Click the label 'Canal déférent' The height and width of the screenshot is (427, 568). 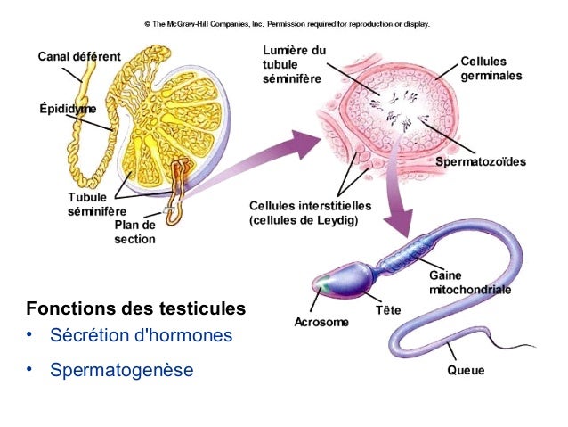coord(79,57)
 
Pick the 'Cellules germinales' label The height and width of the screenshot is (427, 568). coord(491,69)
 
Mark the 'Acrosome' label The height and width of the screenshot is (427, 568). coord(321,321)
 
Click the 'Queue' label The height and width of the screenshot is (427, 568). coord(466,370)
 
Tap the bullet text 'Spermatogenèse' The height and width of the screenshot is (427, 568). coord(121,368)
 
